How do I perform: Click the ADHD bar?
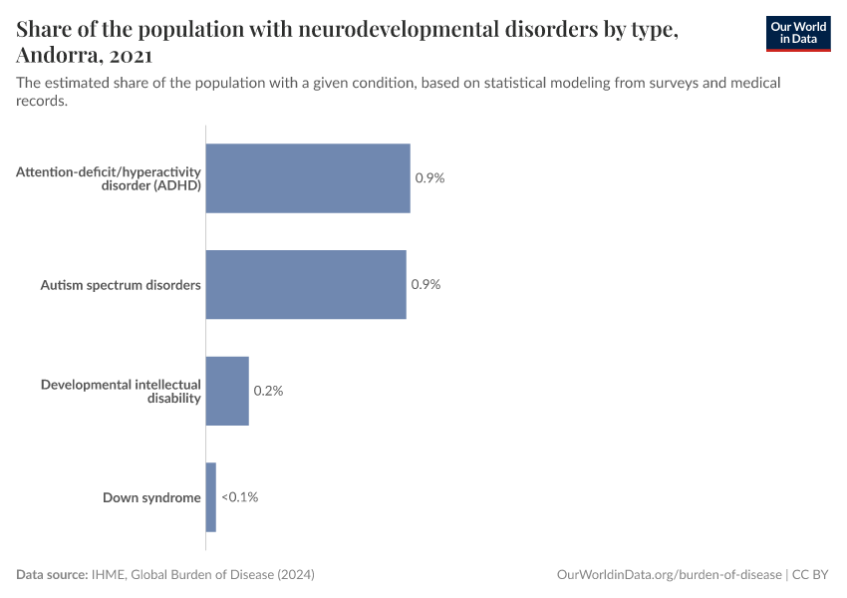click(308, 178)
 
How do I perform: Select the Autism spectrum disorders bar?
click(306, 284)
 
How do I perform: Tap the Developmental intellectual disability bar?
click(227, 391)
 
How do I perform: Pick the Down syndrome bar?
click(211, 496)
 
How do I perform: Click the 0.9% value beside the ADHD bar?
click(429, 178)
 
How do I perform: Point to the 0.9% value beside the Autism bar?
click(425, 284)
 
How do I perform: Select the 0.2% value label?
click(268, 391)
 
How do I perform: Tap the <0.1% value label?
click(239, 496)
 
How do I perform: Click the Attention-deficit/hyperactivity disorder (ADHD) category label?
click(109, 178)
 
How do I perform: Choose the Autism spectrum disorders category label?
click(121, 285)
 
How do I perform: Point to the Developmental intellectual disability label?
click(121, 391)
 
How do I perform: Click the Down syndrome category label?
click(151, 497)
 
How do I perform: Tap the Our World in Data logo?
click(797, 33)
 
